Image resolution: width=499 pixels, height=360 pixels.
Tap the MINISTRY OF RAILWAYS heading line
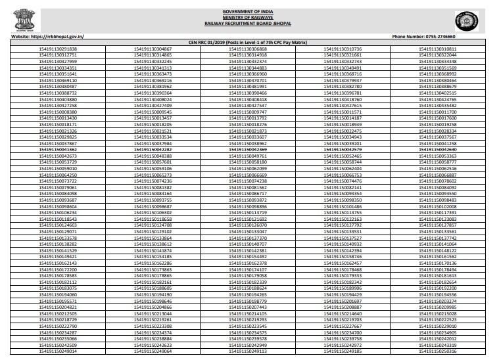point(249,17)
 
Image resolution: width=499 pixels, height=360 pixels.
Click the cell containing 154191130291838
point(58,49)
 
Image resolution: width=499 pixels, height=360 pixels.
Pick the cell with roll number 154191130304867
point(153,49)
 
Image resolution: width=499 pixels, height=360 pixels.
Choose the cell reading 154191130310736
point(343,49)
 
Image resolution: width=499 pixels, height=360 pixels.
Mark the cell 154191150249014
point(58,351)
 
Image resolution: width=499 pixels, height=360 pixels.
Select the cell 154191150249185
point(343,351)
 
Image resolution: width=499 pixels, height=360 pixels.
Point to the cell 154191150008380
point(58,112)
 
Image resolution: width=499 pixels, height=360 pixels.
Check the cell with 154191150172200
point(58,269)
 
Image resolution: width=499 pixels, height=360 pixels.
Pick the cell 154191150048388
point(153,156)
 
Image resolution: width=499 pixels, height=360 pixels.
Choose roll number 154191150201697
point(343,301)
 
